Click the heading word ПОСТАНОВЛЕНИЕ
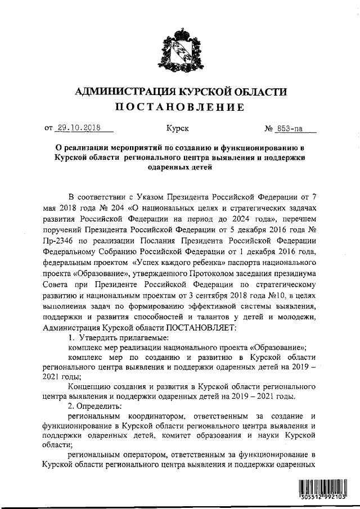pos(179,107)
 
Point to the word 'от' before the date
pos(49,128)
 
